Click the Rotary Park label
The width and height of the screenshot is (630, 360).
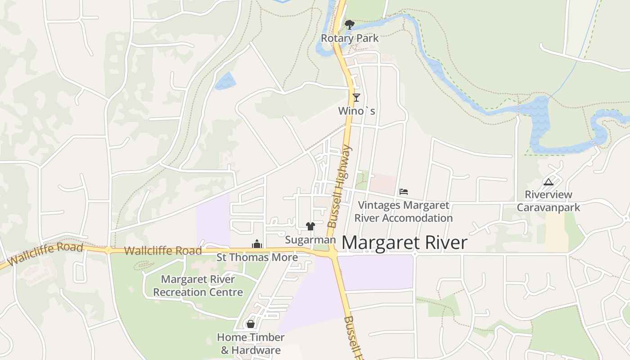point(350,38)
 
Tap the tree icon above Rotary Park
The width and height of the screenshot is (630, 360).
point(349,25)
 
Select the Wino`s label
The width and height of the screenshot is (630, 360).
point(356,111)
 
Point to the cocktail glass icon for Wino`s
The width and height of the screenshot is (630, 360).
point(356,97)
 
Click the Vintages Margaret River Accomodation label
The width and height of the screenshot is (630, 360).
point(403,211)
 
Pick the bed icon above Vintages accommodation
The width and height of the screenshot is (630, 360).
point(403,192)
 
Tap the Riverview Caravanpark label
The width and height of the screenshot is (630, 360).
point(548,201)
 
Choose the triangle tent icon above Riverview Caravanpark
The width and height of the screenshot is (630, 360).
point(548,182)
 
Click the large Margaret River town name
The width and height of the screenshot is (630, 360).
point(405,243)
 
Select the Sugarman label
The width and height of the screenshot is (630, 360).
point(310,240)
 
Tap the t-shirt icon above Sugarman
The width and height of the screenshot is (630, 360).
point(310,226)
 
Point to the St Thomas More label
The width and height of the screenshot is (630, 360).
point(257,257)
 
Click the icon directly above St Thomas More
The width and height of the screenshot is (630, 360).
point(257,244)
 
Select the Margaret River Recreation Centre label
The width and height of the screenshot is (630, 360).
point(198,286)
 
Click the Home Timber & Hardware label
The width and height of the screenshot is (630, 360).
point(251,343)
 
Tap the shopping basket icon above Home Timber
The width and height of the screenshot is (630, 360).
point(251,324)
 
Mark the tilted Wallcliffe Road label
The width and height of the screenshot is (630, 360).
point(45,254)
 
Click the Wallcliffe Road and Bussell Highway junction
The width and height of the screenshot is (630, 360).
point(333,254)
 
